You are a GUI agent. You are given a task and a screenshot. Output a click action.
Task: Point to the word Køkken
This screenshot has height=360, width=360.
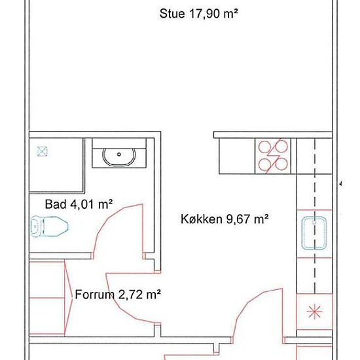pos(202,219)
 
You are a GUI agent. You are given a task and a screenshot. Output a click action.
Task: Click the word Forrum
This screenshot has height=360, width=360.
pos(95,295)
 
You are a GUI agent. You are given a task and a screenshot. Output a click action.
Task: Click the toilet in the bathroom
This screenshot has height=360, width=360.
pos(49,226)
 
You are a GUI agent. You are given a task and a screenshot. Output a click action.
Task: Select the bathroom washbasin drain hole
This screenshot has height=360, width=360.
pos(119,154)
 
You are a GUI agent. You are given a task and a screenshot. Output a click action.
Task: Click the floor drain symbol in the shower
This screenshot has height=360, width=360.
pos(43,151)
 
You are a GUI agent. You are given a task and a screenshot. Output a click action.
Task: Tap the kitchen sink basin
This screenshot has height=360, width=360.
pos(314,233)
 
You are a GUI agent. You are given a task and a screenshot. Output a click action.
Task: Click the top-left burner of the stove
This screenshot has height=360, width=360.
pos(264,146)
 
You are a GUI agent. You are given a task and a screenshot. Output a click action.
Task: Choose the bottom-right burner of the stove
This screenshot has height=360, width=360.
pos(281,164)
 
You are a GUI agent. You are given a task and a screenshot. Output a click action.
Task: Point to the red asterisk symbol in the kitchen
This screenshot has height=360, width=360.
pos(314,312)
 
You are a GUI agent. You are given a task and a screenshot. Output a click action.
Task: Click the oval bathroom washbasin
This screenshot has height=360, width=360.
pos(119,157)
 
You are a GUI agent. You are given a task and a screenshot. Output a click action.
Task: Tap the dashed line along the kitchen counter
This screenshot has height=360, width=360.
pos(315,216)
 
